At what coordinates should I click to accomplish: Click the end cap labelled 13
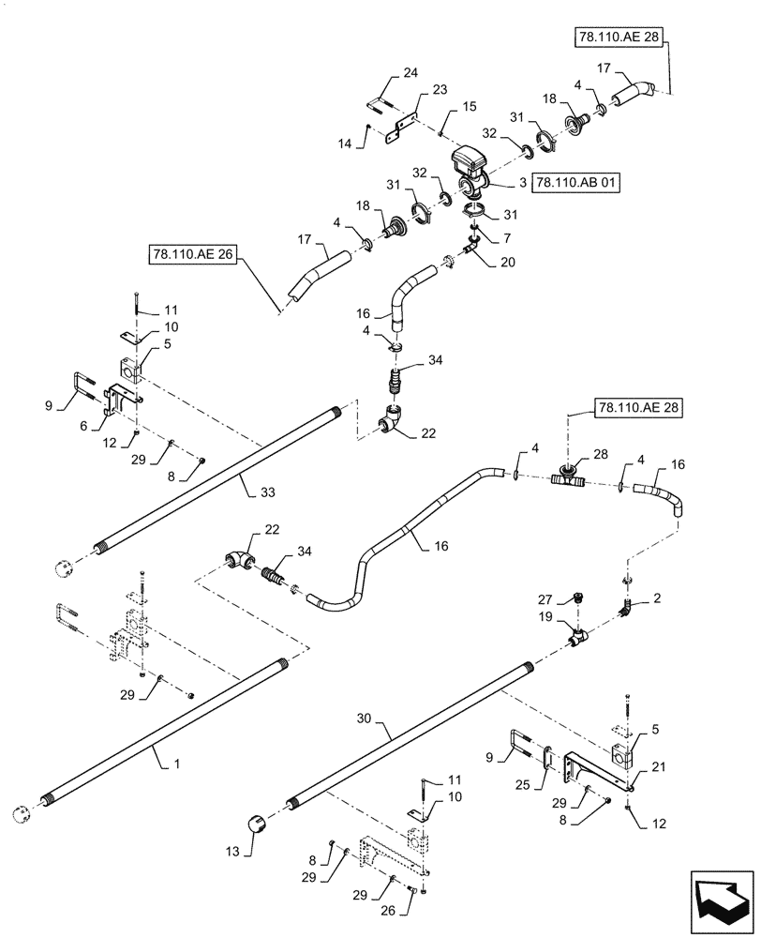[256, 825]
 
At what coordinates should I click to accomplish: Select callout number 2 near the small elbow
[657, 597]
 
